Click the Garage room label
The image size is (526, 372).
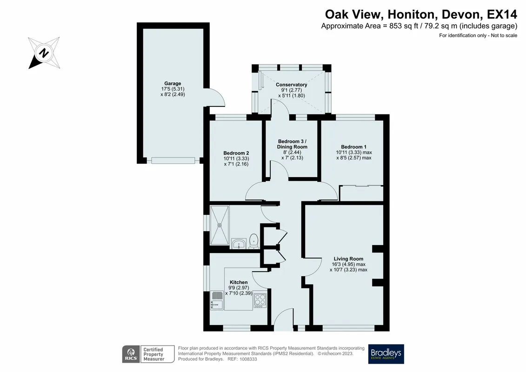[173, 84]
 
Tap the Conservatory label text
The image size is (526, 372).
[291, 85]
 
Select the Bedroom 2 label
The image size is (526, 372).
[236, 153]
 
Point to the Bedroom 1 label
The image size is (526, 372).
[353, 147]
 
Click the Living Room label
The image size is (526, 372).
[348, 259]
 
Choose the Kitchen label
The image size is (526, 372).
[239, 282]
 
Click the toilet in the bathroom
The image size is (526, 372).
[254, 241]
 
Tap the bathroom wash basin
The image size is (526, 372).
[239, 244]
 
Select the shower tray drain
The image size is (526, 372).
[220, 226]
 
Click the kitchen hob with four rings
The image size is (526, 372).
[260, 300]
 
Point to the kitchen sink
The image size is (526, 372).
[217, 300]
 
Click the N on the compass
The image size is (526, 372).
[44, 53]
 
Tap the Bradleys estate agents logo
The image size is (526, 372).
[386, 354]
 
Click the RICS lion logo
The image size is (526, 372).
[131, 354]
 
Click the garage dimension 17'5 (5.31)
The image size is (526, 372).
[173, 89]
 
